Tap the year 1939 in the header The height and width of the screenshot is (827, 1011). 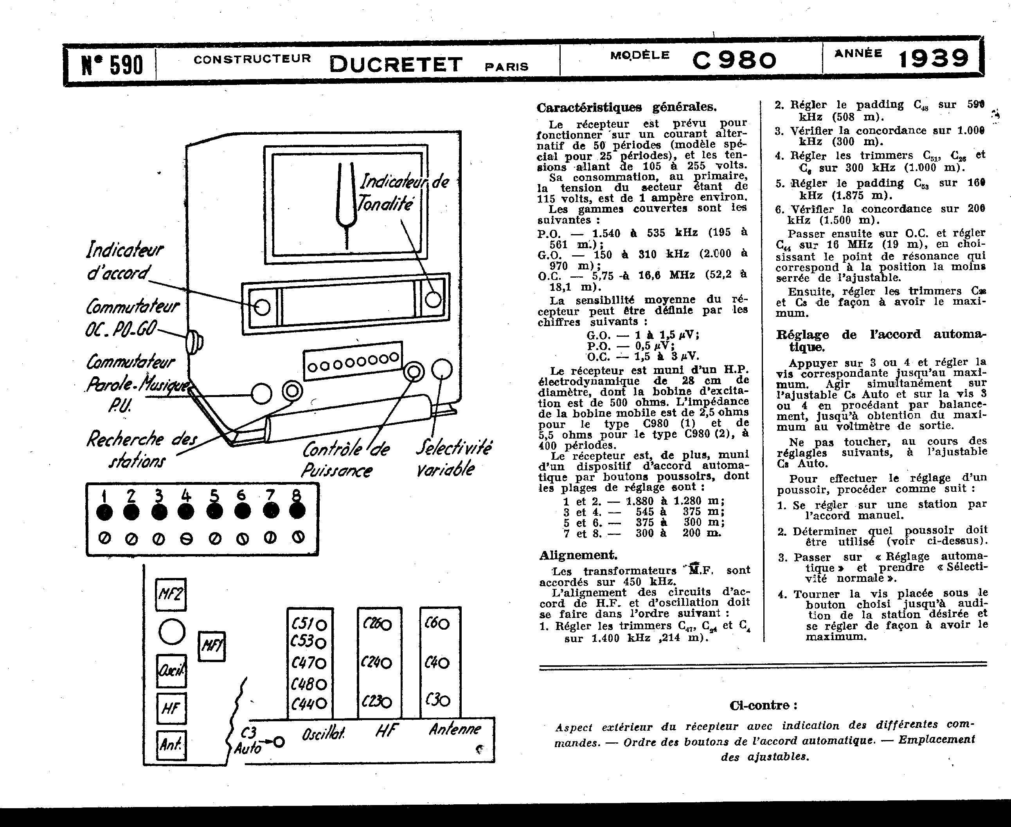tap(934, 59)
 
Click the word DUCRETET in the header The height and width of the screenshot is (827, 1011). tap(396, 64)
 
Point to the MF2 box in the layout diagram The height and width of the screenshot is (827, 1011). tap(171, 594)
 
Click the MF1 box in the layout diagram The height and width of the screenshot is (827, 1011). tap(211, 646)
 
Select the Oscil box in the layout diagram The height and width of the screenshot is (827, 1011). tap(171, 671)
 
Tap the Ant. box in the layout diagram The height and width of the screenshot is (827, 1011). tap(171, 745)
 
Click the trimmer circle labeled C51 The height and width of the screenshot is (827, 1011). tap(321, 625)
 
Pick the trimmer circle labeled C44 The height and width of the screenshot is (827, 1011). tap(321, 703)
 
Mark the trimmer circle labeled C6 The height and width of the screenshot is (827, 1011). tap(444, 624)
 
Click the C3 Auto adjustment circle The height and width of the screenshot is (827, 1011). tap(279, 742)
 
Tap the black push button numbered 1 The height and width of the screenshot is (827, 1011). tap(104, 513)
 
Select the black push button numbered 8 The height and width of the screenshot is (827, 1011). tap(297, 511)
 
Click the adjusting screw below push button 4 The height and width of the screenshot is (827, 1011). tap(186, 539)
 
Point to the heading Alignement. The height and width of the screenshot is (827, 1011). tap(578, 555)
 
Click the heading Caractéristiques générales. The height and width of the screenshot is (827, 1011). tap(626, 107)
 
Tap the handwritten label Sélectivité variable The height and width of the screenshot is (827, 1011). tap(453, 458)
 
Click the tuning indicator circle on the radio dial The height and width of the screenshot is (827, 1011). tap(262, 307)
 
